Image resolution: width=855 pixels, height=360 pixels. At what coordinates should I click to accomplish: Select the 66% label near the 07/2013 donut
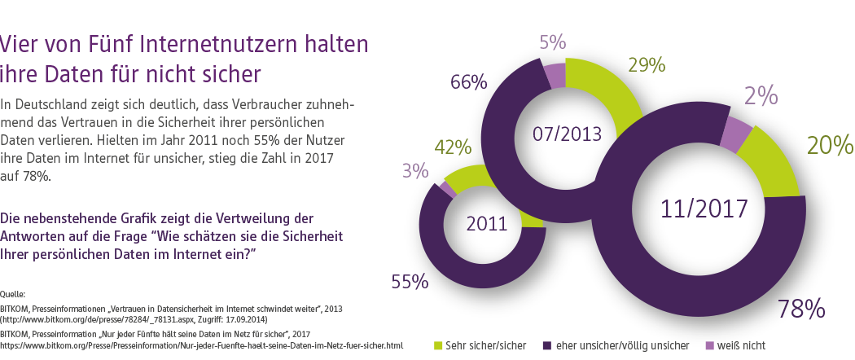469,82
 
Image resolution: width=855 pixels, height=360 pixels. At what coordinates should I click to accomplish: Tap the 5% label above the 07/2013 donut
553,42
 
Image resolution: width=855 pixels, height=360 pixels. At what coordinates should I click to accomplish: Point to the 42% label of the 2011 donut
454,148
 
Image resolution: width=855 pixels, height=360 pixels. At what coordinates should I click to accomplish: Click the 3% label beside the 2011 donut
415,171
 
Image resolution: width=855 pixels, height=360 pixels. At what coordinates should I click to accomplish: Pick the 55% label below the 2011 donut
410,282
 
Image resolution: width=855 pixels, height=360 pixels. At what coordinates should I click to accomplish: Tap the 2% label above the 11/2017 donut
760,97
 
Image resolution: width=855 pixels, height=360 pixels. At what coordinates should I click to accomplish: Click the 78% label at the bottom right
802,310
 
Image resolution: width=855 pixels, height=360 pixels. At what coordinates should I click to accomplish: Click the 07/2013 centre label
568,133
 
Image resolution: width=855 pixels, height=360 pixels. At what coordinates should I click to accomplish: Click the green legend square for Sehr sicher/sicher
439,345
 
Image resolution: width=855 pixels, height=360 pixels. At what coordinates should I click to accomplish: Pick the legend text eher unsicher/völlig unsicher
624,345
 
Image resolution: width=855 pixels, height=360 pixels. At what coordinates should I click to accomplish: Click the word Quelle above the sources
12,293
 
